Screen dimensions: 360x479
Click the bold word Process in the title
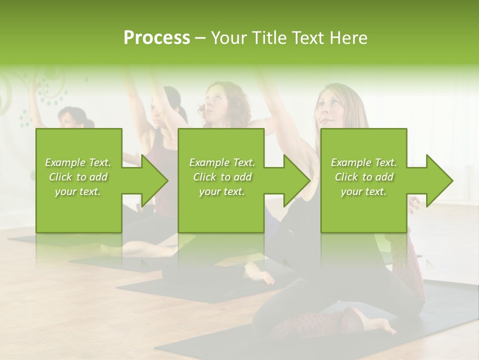(x=157, y=38)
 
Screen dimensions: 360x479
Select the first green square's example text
(x=78, y=176)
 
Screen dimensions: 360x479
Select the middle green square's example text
(x=222, y=176)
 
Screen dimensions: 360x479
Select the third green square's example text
(x=364, y=176)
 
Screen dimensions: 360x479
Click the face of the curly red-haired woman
(x=216, y=100)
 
